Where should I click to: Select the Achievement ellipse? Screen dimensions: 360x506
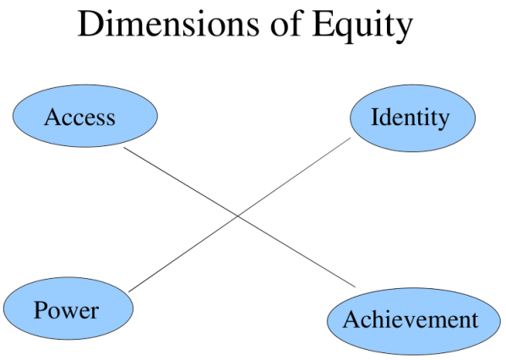(410, 320)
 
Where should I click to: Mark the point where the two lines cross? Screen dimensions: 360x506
(238, 217)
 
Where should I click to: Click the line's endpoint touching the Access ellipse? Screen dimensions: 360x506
(124, 148)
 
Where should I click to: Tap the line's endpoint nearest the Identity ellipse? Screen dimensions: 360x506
(350, 139)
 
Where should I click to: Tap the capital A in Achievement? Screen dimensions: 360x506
(351, 319)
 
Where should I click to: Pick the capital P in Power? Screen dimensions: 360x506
(39, 310)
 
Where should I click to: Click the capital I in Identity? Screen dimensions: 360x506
(375, 117)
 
